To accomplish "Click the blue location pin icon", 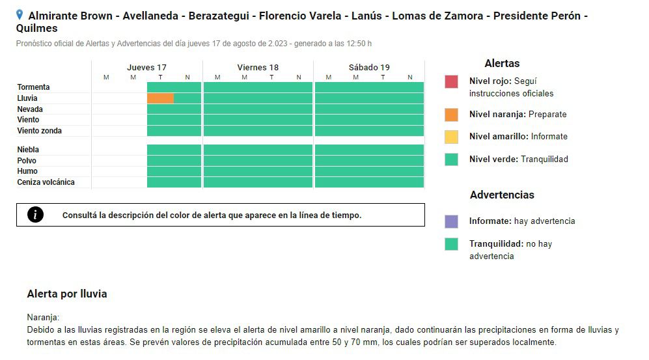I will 20,14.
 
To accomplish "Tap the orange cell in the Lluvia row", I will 160,98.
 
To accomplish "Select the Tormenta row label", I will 33,87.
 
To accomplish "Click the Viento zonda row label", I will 39,131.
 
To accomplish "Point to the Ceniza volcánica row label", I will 46,182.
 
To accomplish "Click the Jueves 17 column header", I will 146,67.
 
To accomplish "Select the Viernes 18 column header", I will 258,67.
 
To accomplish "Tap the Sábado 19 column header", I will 369,67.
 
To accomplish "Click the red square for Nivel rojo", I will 451,82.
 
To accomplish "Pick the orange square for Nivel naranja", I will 451,115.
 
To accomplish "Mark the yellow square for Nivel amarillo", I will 451,137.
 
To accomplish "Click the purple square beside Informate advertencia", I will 451,221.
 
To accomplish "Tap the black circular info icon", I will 35,215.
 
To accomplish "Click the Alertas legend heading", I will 502,64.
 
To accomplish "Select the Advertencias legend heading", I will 502,195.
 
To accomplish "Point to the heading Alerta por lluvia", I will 67,294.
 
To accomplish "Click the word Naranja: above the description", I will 43,318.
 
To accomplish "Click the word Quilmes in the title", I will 36,29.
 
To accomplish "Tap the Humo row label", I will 27,171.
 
